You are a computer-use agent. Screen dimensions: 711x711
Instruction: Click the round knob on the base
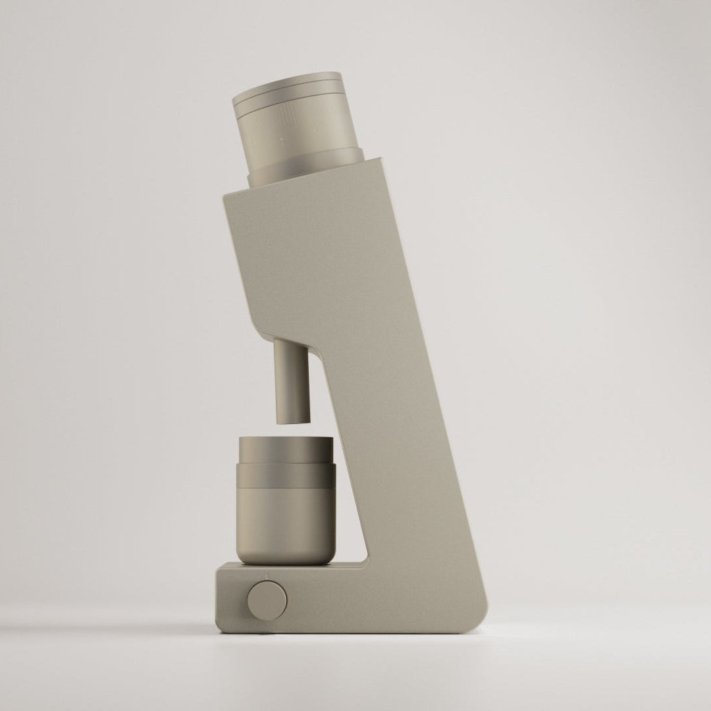[267, 599]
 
